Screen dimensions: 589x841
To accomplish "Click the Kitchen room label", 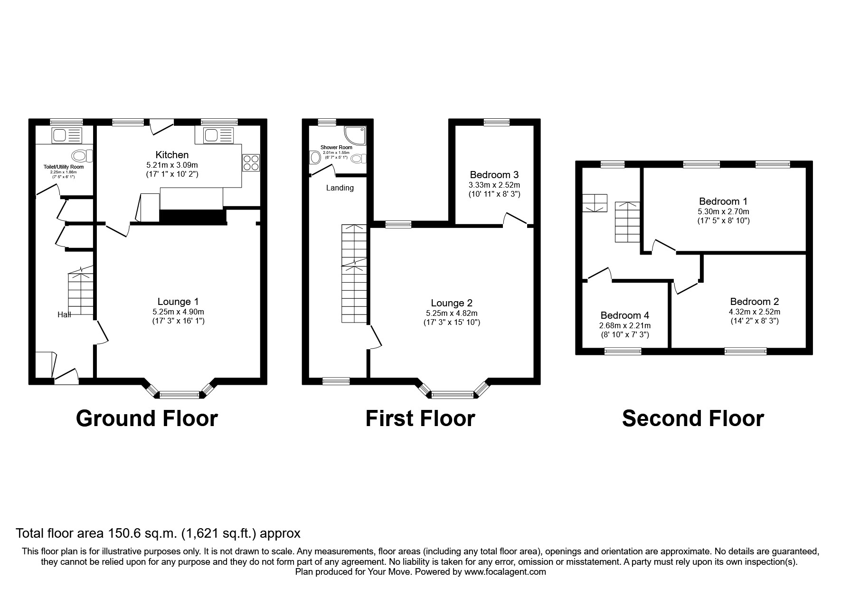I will click(x=172, y=155).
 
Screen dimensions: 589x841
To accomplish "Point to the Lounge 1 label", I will click(x=178, y=302).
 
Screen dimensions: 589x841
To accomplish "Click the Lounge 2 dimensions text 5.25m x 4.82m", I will click(x=452, y=313).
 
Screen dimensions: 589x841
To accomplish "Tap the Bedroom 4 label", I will click(x=624, y=315).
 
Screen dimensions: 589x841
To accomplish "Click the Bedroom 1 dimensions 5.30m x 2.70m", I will click(x=723, y=212).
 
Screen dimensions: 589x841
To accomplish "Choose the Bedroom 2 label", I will click(x=754, y=302).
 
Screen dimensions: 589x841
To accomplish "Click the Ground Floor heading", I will click(x=147, y=419).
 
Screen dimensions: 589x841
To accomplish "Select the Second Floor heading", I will click(x=693, y=419).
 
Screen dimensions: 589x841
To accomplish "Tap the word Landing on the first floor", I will click(x=340, y=188).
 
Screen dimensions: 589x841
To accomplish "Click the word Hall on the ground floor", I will click(x=64, y=314).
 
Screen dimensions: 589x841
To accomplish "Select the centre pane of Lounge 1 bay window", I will click(x=179, y=395).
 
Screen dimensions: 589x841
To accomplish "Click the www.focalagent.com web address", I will click(x=505, y=572).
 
